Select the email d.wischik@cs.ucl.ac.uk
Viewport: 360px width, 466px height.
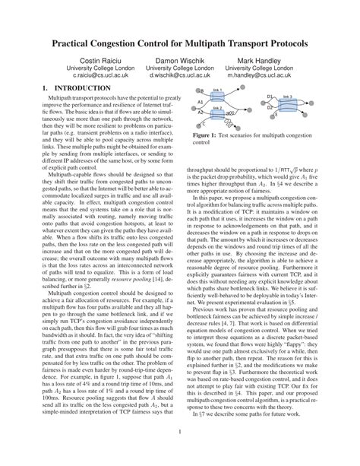coord(180,76)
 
